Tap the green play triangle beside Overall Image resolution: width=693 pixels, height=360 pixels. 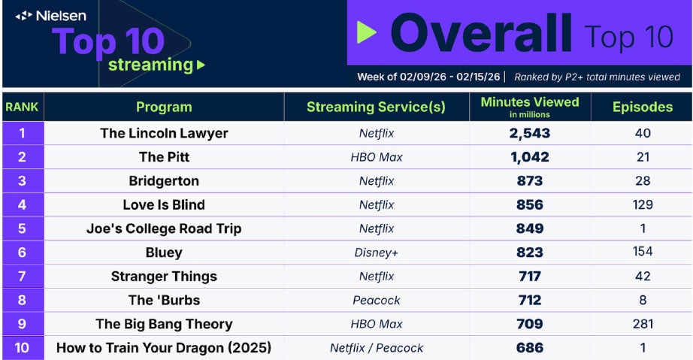[x=366, y=32]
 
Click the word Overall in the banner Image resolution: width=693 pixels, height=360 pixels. [x=481, y=34]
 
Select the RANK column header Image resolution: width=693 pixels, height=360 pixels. [x=23, y=107]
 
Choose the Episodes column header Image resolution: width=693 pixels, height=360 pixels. [x=642, y=107]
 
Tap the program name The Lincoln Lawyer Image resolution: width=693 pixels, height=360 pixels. [x=164, y=133]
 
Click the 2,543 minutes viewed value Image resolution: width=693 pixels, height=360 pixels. [x=529, y=133]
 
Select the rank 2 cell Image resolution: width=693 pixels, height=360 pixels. [x=23, y=157]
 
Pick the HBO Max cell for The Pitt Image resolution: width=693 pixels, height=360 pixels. [x=377, y=157]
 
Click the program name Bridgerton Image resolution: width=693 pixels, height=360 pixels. [x=164, y=181]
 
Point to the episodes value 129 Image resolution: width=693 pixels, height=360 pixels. [x=642, y=204]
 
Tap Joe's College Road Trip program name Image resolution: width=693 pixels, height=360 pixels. [x=164, y=228]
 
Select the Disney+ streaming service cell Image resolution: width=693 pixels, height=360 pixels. [x=377, y=253]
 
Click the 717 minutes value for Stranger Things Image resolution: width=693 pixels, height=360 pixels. [x=529, y=277]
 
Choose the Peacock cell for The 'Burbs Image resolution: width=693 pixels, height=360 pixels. [x=377, y=300]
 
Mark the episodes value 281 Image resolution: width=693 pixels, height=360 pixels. [x=642, y=324]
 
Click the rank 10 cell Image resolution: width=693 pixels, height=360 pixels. [x=23, y=348]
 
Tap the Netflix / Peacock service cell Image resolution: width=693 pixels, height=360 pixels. [x=377, y=348]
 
